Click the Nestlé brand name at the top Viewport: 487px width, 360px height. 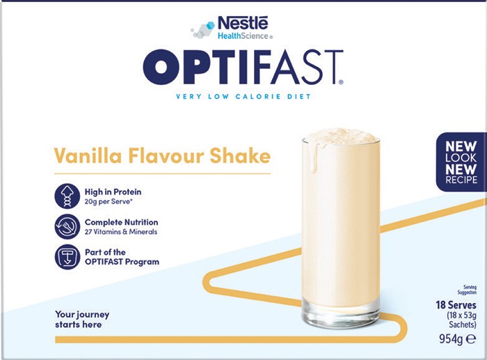(243, 22)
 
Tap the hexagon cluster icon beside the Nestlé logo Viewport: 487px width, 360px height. (203, 30)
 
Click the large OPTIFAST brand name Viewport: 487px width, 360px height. (243, 67)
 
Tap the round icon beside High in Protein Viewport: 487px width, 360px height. (67, 196)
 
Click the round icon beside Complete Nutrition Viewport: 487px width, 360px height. (67, 226)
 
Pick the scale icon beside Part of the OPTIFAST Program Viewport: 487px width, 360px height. (67, 257)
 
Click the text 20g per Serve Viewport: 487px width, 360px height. (109, 202)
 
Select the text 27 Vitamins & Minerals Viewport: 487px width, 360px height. (121, 232)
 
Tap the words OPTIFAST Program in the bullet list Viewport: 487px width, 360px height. (122, 262)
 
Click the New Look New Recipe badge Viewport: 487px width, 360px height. (461, 162)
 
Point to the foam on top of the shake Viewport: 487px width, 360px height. (341, 136)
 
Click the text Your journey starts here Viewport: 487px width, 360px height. (82, 320)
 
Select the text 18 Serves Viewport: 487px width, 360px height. (456, 305)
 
